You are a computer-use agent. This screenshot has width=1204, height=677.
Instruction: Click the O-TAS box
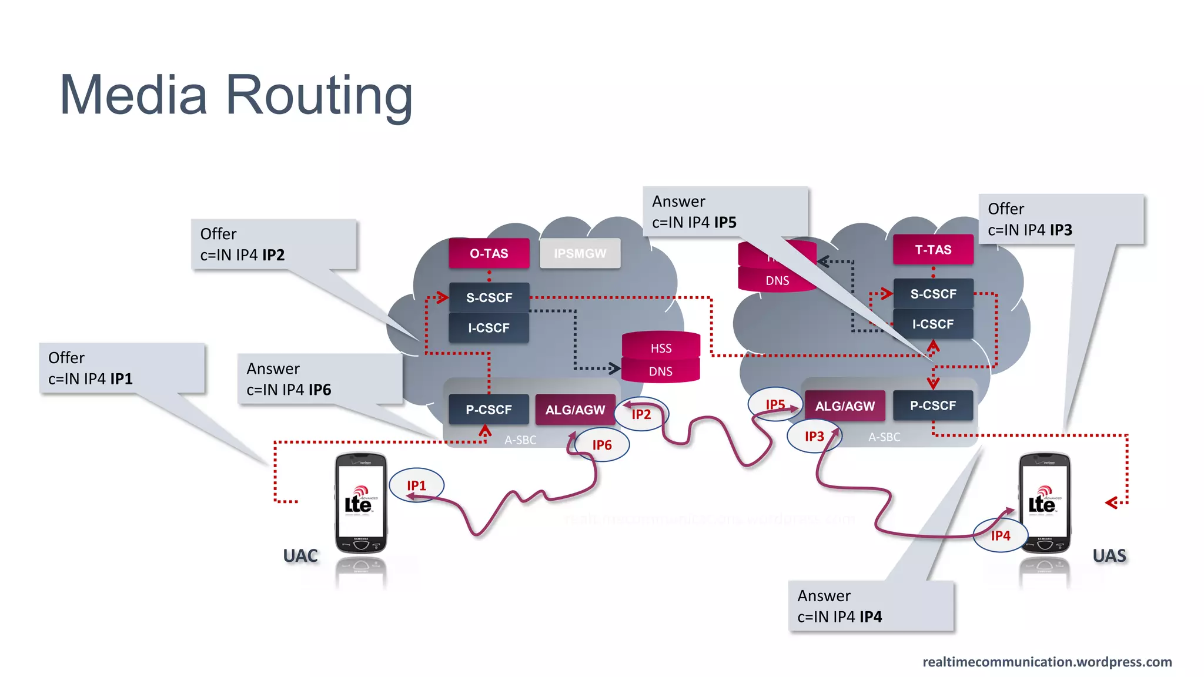click(489, 253)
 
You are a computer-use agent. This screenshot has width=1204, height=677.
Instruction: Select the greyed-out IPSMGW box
click(580, 253)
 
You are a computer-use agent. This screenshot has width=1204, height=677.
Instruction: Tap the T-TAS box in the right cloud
click(933, 250)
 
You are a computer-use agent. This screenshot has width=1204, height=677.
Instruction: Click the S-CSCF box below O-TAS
click(489, 297)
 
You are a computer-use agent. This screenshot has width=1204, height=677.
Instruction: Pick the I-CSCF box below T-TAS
click(933, 324)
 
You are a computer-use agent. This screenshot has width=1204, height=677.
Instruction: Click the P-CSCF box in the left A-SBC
click(489, 410)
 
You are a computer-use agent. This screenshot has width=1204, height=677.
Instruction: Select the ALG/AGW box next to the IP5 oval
click(845, 406)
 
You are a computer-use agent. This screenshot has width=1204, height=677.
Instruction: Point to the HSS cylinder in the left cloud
click(661, 347)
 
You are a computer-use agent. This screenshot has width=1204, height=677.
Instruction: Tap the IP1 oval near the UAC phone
click(417, 485)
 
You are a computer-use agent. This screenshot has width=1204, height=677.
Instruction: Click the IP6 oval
click(602, 445)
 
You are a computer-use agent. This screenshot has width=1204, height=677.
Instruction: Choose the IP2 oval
click(641, 414)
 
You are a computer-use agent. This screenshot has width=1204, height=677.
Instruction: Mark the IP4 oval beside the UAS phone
click(1001, 535)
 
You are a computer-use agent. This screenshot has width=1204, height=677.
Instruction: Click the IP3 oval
click(814, 436)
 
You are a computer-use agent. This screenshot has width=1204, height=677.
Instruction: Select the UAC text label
click(300, 555)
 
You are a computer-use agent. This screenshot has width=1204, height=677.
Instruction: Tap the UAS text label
click(1109, 555)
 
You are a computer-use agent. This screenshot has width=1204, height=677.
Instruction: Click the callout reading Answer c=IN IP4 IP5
click(725, 212)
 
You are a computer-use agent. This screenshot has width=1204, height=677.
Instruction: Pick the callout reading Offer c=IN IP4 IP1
click(122, 368)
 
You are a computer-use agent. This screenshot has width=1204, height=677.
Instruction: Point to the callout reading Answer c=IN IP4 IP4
click(871, 606)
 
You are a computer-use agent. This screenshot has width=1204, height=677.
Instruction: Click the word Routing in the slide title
click(319, 95)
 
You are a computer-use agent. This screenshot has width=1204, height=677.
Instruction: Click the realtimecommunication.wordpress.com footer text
click(1047, 662)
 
